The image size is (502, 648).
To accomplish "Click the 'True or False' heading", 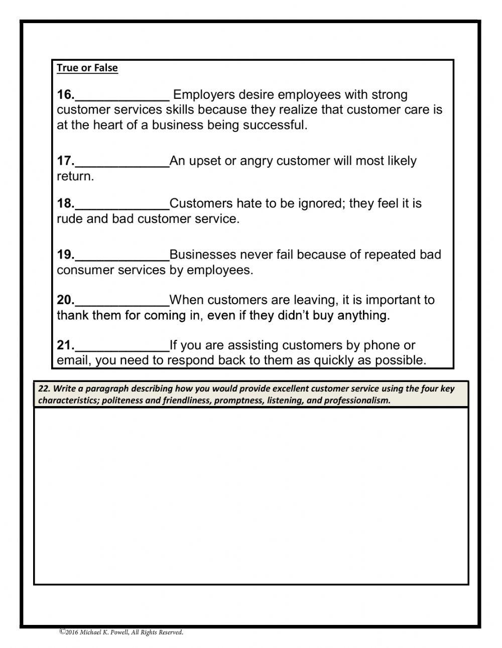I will (87, 68).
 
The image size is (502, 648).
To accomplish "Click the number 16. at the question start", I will (65, 95).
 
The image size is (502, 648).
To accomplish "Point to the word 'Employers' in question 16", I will (203, 95).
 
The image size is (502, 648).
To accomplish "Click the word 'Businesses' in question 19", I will (202, 255).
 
